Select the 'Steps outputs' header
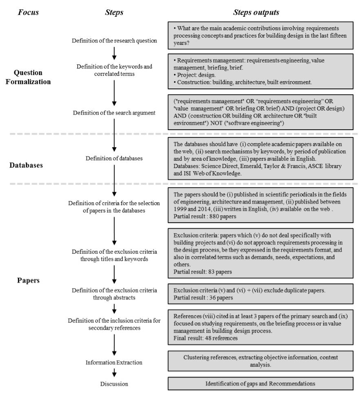point(256,12)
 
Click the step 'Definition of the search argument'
point(115,113)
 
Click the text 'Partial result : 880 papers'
point(200,216)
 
